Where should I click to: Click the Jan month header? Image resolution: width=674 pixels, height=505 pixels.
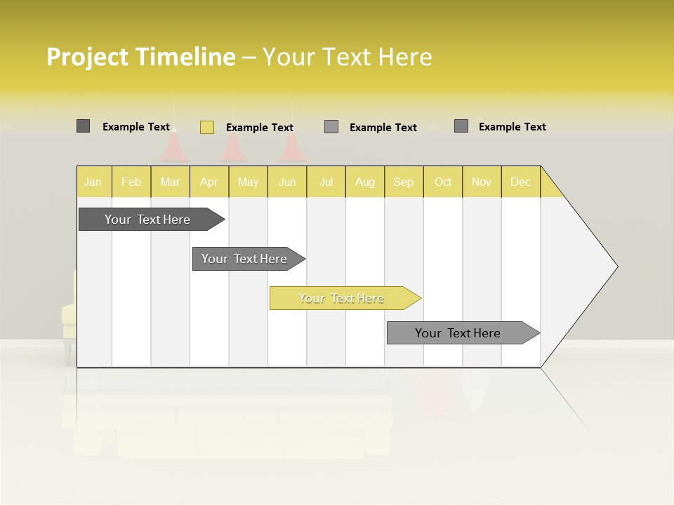(x=93, y=182)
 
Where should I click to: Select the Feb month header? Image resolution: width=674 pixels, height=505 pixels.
(x=131, y=182)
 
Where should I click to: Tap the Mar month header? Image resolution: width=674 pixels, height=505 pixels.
(x=170, y=182)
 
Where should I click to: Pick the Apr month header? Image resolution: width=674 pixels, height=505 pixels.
(x=209, y=182)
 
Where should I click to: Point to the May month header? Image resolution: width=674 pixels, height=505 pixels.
(x=248, y=182)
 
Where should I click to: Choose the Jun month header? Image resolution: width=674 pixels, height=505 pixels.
(x=287, y=182)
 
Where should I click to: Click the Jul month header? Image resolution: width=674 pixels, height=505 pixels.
(x=326, y=182)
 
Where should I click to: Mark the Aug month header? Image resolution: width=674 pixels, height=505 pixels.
(x=365, y=182)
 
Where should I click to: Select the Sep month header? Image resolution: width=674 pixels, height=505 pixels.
(x=404, y=182)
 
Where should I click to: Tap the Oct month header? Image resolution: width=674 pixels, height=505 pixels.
(x=443, y=182)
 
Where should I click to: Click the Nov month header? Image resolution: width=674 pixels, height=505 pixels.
(x=482, y=182)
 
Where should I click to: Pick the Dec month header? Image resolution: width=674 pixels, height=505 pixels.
(x=521, y=182)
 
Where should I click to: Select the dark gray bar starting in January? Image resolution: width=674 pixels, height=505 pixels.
(x=148, y=220)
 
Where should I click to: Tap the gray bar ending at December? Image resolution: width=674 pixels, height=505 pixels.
(x=458, y=333)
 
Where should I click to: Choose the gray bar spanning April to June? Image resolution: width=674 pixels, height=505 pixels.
(x=245, y=259)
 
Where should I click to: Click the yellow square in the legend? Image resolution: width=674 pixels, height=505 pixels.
(x=207, y=127)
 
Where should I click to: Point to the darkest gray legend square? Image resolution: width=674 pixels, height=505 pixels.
(x=84, y=126)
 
